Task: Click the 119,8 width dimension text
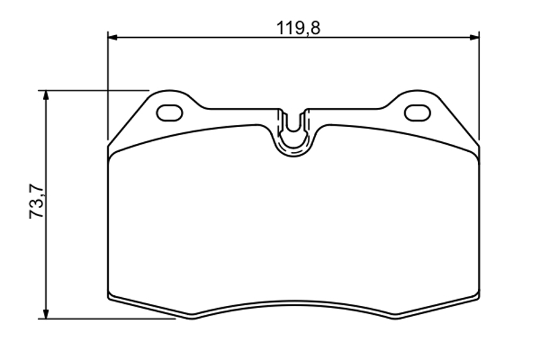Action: [298, 28]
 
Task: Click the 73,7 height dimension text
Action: [36, 201]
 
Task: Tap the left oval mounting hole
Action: [169, 113]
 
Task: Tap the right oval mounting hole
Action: [417, 113]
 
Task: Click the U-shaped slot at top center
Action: [294, 129]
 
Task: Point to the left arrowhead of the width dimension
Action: [113, 37]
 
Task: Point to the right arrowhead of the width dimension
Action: [475, 37]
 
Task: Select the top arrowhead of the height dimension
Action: [46, 95]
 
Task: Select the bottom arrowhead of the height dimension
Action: [46, 313]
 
